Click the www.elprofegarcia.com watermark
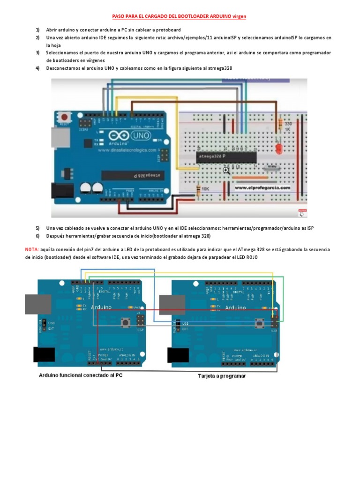coord(262,187)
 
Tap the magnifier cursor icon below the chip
coord(227,171)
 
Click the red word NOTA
coord(32,250)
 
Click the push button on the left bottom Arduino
coord(125,322)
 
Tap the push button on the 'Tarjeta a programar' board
coord(258,322)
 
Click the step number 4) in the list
coord(37,68)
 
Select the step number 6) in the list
coord(37,236)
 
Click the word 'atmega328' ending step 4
coord(221,68)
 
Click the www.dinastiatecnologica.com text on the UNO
coord(127,150)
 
